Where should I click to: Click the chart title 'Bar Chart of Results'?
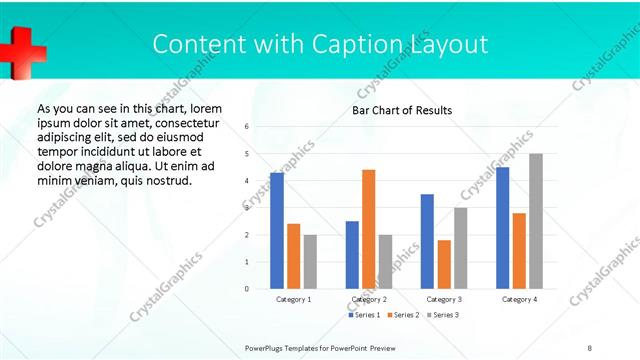pos(401,110)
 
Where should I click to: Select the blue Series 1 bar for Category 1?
pos(277,231)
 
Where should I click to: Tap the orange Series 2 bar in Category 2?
pos(368,229)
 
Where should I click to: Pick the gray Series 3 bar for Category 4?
pos(536,221)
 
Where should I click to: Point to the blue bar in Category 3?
pos(427,241)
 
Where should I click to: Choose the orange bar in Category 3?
pos(444,264)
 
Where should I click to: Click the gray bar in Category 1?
pos(310,262)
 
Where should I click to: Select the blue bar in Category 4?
pos(502,228)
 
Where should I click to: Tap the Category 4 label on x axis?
pos(519,299)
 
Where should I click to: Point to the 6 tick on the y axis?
pos(247,127)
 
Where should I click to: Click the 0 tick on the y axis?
pos(247,289)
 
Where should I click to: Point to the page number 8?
pos(590,346)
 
